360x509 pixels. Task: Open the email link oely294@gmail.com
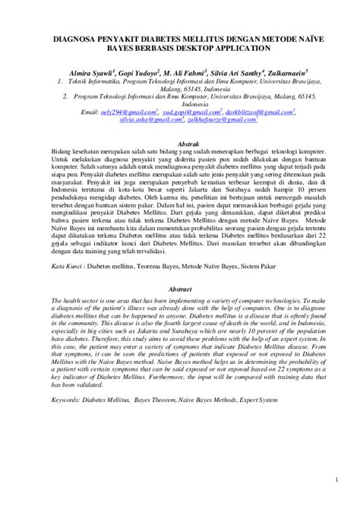pos(131,112)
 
